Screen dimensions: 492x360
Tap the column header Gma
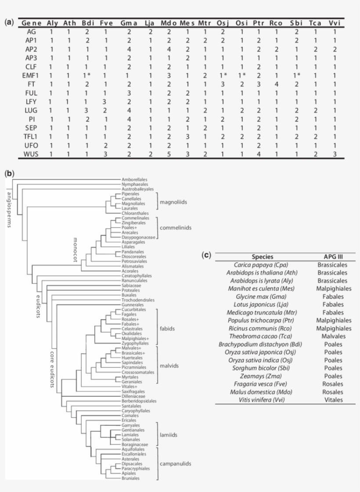pyautogui.click(x=129, y=23)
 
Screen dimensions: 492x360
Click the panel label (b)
pyautogui.click(x=9, y=173)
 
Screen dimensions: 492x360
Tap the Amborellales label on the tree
pyautogui.click(x=134, y=180)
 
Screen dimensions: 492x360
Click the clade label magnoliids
pyautogui.click(x=173, y=203)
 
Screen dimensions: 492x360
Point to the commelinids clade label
pyautogui.click(x=176, y=228)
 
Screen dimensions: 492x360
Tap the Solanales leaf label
pyautogui.click(x=131, y=439)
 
